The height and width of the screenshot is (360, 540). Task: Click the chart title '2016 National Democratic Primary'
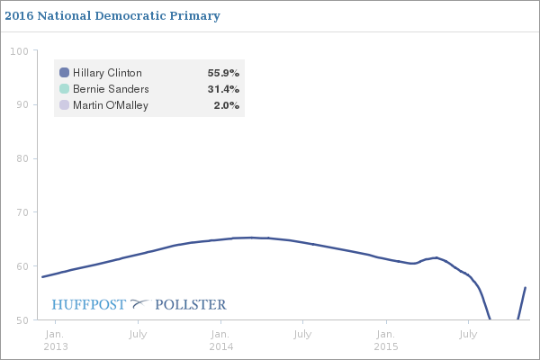(x=112, y=16)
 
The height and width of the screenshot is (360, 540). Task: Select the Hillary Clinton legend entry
(x=107, y=73)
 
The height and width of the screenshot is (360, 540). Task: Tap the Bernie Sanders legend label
(x=111, y=89)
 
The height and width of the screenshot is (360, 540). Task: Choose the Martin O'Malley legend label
(x=111, y=105)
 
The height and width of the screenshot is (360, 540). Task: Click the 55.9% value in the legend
(x=224, y=73)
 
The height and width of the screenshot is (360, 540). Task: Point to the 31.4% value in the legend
(x=224, y=89)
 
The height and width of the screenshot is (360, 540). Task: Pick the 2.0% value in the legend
(x=227, y=105)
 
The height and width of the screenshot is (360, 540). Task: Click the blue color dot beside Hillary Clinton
(x=64, y=73)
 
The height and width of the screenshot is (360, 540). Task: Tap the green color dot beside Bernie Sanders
(x=64, y=89)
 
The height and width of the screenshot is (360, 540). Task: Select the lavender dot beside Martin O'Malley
(x=64, y=105)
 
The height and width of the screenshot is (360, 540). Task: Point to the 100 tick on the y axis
(x=18, y=50)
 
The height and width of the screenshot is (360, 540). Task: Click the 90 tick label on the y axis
(x=21, y=104)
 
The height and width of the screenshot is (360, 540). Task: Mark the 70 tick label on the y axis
(x=21, y=212)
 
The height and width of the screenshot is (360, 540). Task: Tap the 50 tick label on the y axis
(x=21, y=319)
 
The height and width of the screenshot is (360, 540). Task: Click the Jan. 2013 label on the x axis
(x=55, y=339)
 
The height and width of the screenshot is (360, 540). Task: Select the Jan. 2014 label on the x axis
(x=220, y=339)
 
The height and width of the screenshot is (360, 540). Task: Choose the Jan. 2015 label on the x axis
(x=386, y=339)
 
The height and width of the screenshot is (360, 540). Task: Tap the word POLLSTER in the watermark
(x=191, y=304)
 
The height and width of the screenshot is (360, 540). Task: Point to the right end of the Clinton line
(x=525, y=288)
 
